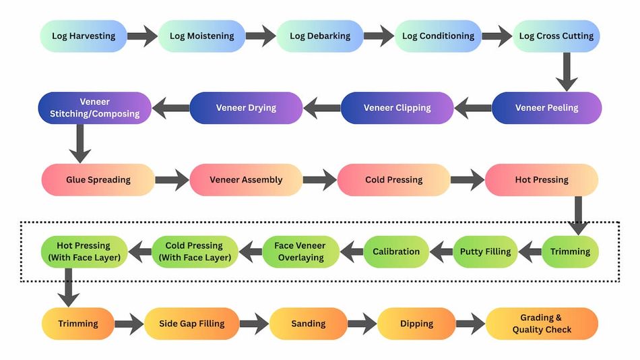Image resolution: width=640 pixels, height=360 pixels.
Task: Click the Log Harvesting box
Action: click(84, 36)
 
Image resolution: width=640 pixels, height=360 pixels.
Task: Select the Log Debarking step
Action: click(320, 36)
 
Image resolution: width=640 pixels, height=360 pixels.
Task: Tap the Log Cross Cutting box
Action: click(556, 36)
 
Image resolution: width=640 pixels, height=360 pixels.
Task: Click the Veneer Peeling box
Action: click(546, 108)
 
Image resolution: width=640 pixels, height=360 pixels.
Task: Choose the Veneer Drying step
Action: click(246, 108)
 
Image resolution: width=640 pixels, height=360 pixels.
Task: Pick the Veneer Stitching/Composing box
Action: click(95, 108)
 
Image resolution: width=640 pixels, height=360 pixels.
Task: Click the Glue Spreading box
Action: click(98, 180)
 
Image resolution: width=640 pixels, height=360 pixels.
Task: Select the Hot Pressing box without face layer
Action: click(542, 180)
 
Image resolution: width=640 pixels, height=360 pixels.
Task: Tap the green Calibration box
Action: click(396, 252)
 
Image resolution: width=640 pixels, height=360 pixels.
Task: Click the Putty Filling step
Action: click(485, 252)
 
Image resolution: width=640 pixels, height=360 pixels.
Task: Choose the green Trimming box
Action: click(570, 252)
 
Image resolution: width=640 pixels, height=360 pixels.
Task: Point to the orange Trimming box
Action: click(78, 324)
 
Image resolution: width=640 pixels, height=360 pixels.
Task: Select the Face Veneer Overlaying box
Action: click(299, 252)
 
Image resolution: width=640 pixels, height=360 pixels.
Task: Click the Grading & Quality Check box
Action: click(542, 324)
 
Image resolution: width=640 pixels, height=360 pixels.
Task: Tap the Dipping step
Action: click(416, 324)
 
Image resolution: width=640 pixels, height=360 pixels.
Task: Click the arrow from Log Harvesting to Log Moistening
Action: click(142, 36)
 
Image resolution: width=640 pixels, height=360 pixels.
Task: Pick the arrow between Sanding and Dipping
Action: click(362, 324)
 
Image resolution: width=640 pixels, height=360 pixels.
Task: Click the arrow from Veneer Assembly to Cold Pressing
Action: click(319, 180)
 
